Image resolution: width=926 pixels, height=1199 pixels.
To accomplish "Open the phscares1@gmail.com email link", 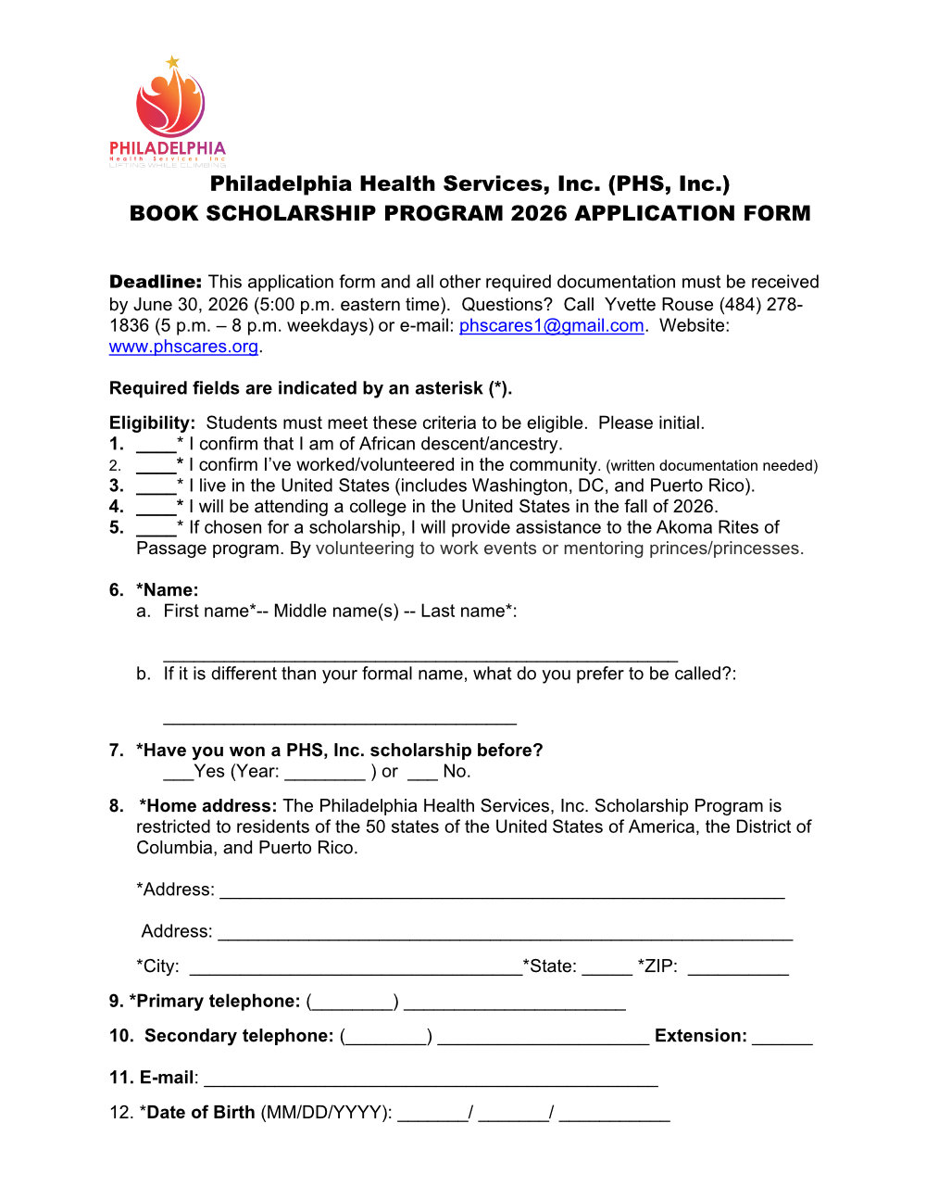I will point(551,325).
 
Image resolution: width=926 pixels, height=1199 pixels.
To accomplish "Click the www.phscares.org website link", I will point(183,347).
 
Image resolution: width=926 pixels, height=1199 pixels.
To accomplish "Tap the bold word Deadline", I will point(155,282).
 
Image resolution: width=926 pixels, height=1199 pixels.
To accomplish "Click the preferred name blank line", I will point(339,719).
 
